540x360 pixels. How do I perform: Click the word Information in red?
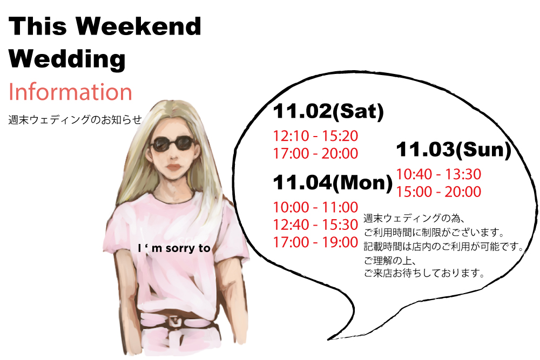pyautogui.click(x=70, y=92)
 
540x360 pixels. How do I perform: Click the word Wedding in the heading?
pyautogui.click(x=67, y=59)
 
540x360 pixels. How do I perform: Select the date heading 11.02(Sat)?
pyautogui.click(x=328, y=111)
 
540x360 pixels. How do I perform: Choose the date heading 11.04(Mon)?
pyautogui.click(x=333, y=182)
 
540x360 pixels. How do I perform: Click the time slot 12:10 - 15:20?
pyautogui.click(x=315, y=136)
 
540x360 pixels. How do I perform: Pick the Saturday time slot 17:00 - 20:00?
pyautogui.click(x=315, y=153)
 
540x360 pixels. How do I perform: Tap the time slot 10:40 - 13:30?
pyautogui.click(x=438, y=174)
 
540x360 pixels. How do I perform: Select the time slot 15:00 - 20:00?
pyautogui.click(x=438, y=192)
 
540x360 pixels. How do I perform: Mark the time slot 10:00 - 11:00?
pyautogui.click(x=315, y=207)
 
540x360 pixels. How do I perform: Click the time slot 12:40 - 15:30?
pyautogui.click(x=315, y=225)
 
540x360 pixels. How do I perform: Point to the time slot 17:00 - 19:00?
pyautogui.click(x=315, y=242)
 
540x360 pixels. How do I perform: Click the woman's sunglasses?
pyautogui.click(x=173, y=144)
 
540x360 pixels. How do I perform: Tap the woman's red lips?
pyautogui.click(x=173, y=167)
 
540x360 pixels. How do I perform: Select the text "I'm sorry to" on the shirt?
pyautogui.click(x=174, y=248)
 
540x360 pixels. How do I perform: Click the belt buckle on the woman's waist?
pyautogui.click(x=175, y=322)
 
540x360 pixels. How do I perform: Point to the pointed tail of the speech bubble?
pyautogui.click(x=328, y=339)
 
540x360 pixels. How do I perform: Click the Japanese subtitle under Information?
pyautogui.click(x=75, y=119)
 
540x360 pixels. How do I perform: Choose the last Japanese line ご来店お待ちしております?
pyautogui.click(x=424, y=273)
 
